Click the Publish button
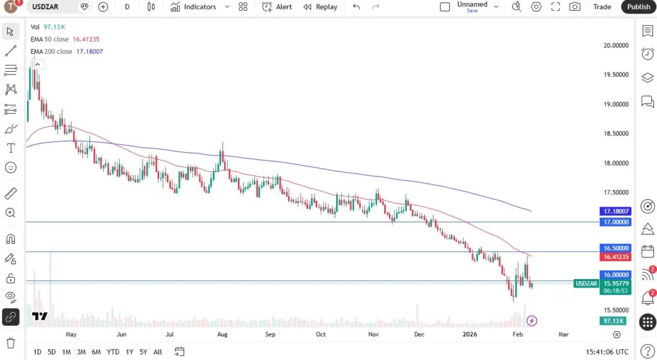[x=638, y=7]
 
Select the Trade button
[x=602, y=7]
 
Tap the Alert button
[x=277, y=7]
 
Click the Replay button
[x=320, y=7]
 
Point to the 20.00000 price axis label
[x=615, y=46]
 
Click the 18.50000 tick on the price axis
[x=615, y=133]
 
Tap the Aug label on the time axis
[x=222, y=334]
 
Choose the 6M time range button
[x=96, y=352]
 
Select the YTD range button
[x=113, y=352]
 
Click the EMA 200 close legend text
[x=51, y=51]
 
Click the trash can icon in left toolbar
[x=11, y=343]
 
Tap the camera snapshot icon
[x=575, y=7]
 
